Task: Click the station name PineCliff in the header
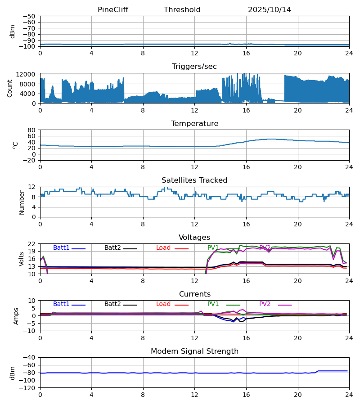point(113,10)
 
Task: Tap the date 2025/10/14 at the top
point(270,10)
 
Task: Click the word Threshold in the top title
point(182,10)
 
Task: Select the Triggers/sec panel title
point(194,67)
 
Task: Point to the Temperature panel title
point(194,124)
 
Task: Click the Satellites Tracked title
point(194,180)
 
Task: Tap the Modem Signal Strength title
point(194,351)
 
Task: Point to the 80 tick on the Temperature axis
point(31,130)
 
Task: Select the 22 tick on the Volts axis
point(31,244)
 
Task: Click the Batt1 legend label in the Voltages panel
point(61,248)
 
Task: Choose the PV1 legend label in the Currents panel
point(213,304)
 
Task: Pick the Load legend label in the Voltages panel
point(163,248)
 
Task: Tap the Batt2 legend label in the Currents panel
point(112,304)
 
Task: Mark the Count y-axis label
point(10,88)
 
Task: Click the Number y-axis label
point(22,202)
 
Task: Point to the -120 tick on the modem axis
point(28,388)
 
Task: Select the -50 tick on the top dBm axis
point(29,16)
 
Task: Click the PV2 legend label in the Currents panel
point(265,304)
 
